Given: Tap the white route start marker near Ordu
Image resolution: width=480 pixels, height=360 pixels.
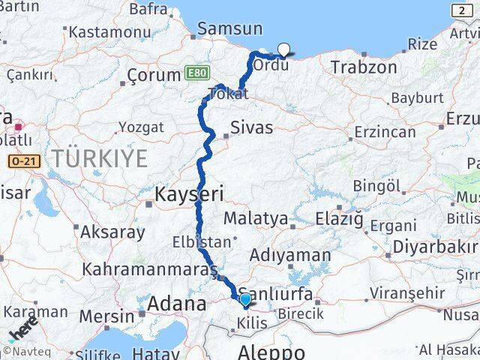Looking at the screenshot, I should click(283, 50).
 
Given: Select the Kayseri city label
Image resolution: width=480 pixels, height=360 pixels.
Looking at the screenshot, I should click(189, 194).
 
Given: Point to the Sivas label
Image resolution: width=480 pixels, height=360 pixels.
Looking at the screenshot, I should click(251, 127).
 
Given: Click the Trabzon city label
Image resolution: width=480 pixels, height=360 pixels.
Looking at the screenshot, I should click(364, 67).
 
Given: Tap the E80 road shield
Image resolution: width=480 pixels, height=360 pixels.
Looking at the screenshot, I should click(195, 74).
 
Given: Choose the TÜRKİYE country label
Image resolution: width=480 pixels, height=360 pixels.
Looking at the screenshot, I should click(100, 157).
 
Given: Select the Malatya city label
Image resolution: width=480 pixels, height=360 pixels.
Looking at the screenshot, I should click(256, 219).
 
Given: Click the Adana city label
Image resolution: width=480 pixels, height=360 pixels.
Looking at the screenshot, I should click(176, 304).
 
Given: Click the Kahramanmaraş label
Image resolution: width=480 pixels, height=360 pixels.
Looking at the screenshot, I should click(149, 268).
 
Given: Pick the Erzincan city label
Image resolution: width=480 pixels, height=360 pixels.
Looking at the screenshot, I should click(385, 132).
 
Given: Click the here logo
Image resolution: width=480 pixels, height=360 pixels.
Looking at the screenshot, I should click(23, 329).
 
